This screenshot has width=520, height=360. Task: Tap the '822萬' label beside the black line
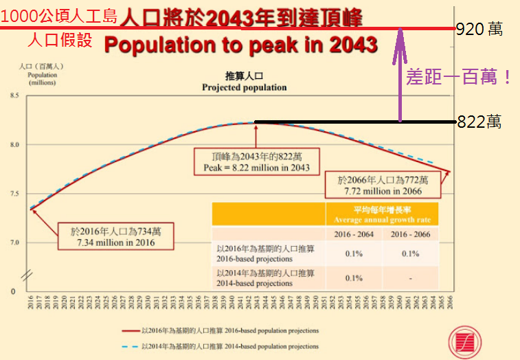(479, 122)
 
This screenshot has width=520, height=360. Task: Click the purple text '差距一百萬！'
(459, 77)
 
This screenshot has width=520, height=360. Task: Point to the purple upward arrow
(400, 76)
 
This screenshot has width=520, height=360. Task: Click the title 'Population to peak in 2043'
(240, 45)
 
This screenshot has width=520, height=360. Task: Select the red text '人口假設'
(60, 40)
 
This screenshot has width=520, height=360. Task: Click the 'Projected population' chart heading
(244, 88)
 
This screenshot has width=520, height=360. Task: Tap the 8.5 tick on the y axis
(14, 96)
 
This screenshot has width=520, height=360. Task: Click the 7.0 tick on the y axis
(14, 243)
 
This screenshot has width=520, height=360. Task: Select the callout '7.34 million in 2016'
(115, 243)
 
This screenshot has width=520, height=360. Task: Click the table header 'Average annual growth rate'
(381, 220)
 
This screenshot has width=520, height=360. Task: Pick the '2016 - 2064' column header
(354, 235)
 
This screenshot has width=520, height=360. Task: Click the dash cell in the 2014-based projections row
(409, 278)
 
